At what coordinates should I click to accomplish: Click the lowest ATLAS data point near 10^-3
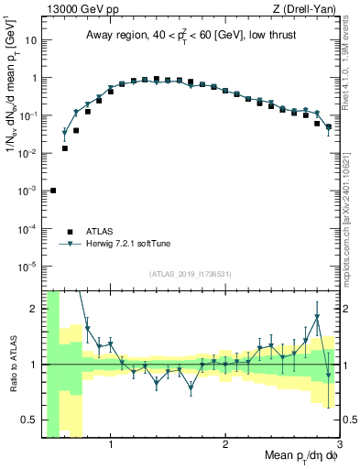pos(53,191)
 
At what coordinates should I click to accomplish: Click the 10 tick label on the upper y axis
pos(29,40)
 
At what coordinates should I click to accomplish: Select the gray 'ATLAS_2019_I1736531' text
pos(191,275)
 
